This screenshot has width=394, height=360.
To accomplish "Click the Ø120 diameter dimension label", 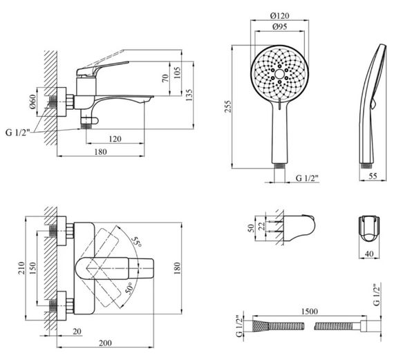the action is (280, 16).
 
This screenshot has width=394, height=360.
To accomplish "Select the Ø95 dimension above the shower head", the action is (280, 26).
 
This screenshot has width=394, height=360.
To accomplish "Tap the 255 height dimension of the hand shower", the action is (227, 107).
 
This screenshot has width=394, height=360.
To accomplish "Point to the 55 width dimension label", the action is (373, 176).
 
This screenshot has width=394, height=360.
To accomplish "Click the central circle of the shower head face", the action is (279, 74).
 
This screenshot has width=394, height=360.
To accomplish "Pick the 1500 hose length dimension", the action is (309, 312).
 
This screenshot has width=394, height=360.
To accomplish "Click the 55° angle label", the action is (137, 242).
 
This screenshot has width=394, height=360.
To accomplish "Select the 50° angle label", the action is (129, 288).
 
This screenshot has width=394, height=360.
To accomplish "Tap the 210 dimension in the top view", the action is (21, 268).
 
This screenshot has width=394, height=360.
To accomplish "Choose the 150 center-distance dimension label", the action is (32, 268).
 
